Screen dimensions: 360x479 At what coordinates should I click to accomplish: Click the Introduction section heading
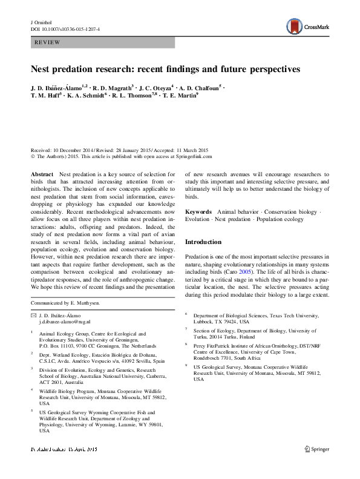(x=203, y=242)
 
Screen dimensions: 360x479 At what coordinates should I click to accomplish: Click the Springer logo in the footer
(x=319, y=467)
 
